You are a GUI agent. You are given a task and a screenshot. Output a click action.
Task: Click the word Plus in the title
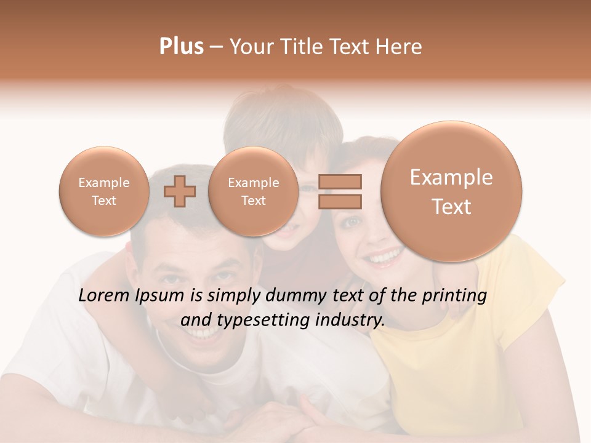(181, 47)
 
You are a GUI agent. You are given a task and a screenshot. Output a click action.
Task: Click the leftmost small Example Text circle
(103, 191)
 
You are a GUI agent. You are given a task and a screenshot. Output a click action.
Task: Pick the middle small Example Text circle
(253, 191)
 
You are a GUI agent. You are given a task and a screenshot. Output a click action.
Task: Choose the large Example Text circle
(451, 191)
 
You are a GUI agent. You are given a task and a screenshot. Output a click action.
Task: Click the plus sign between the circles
(180, 191)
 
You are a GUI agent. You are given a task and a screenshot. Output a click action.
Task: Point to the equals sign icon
(340, 191)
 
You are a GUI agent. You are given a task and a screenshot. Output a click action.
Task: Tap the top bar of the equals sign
(340, 182)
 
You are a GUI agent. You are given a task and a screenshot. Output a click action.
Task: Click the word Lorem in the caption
(105, 295)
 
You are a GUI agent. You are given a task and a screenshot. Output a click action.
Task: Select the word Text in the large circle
(451, 207)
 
